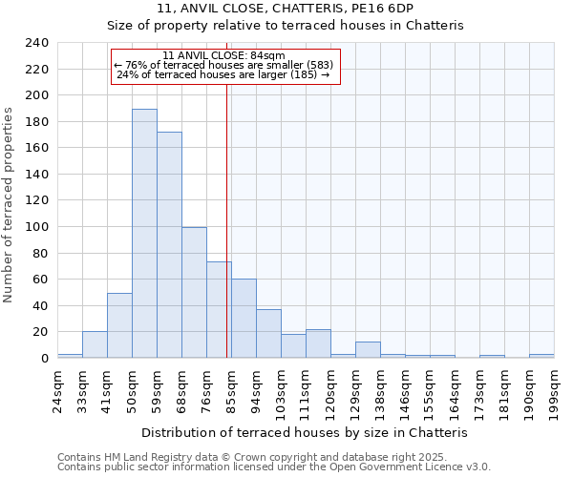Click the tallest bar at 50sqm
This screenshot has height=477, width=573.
[x=144, y=234]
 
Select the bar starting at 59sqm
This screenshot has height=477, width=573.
[x=169, y=245]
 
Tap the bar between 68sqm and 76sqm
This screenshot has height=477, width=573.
[x=194, y=293]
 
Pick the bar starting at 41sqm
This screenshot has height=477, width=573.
[x=119, y=325]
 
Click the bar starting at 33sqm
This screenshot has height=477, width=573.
[x=95, y=344]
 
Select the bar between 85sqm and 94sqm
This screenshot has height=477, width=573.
[x=244, y=319]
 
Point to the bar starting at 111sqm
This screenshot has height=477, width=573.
[x=318, y=343]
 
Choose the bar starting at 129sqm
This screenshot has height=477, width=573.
[x=368, y=350]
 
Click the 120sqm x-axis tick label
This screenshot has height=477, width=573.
[x=330, y=389]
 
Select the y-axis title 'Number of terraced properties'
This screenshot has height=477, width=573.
[x=10, y=204]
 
